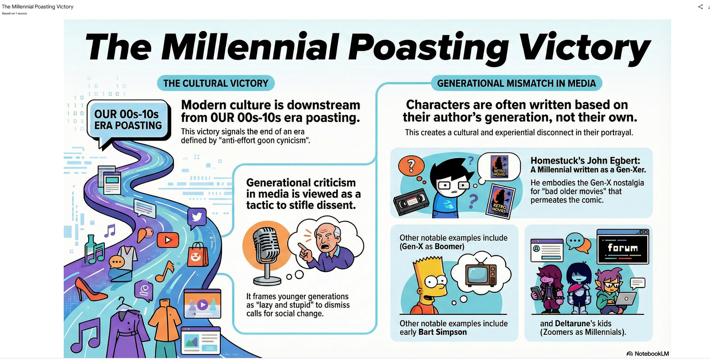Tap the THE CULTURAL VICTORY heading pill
[x=216, y=83]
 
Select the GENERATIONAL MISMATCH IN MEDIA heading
[x=516, y=83]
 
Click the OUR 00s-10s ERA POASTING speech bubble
[x=129, y=120]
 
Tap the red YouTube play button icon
[x=168, y=240]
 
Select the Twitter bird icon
[x=197, y=217]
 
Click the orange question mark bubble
[x=411, y=167]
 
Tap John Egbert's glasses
[x=453, y=185]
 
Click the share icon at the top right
[x=700, y=7]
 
